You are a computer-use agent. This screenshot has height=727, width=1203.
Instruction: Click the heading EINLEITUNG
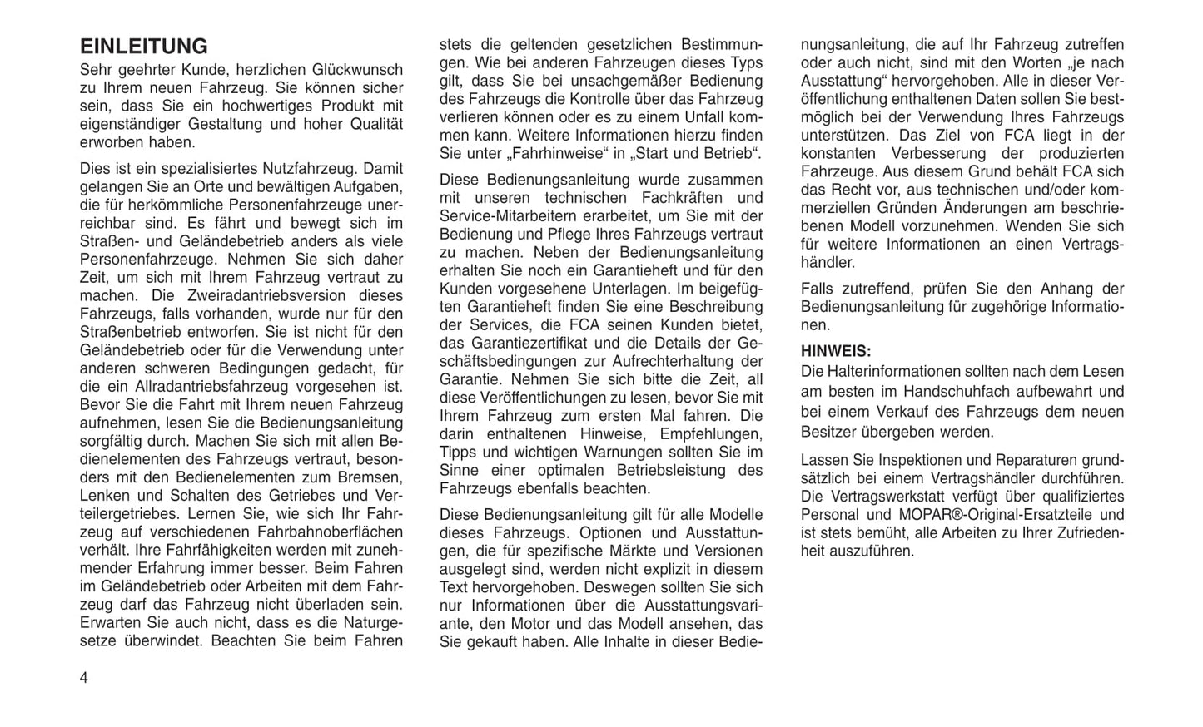143,46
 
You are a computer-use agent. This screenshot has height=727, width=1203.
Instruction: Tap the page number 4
83,677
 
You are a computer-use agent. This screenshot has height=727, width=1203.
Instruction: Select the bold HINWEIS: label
836,351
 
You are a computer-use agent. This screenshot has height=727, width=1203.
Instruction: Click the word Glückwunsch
357,70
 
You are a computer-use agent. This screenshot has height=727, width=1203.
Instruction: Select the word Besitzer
828,432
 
